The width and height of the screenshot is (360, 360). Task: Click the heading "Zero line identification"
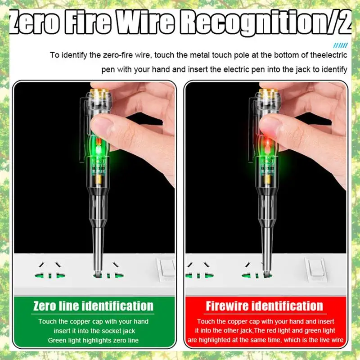point(93,306)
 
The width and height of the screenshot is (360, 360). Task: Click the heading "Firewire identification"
point(264,306)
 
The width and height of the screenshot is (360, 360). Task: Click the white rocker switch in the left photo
point(167,269)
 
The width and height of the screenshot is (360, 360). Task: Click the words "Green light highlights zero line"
point(93,340)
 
